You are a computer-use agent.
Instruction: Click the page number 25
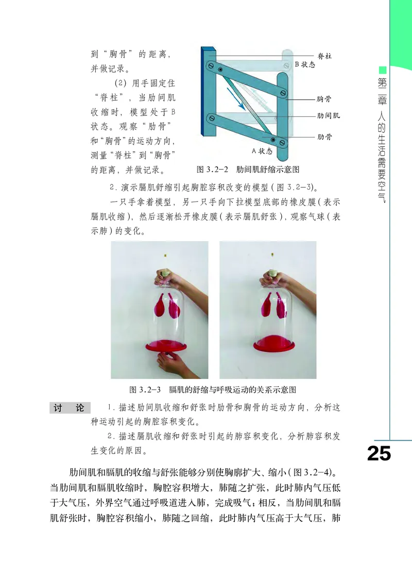[x=379, y=453]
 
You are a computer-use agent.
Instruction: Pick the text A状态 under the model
[x=262, y=151]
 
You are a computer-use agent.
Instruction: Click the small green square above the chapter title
[x=382, y=70]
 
